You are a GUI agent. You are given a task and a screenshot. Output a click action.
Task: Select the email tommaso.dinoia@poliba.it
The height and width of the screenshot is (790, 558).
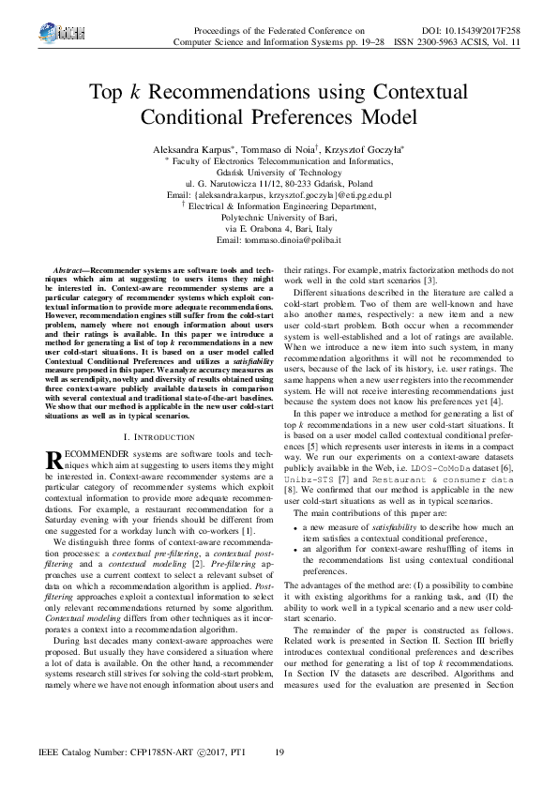[x=279, y=240]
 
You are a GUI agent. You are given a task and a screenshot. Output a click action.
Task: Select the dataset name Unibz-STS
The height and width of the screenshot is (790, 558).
[x=324, y=478]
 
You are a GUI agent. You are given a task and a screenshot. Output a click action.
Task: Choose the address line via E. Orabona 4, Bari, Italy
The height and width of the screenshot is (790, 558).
[x=279, y=229]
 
